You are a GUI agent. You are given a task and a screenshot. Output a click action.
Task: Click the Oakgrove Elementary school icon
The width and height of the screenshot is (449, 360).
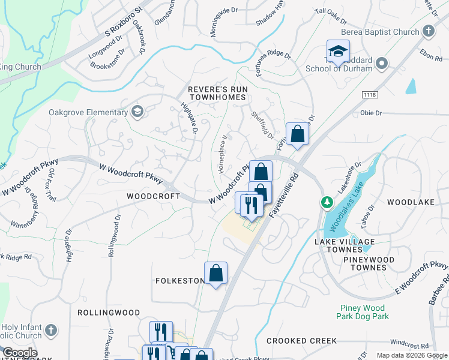coord(137,111)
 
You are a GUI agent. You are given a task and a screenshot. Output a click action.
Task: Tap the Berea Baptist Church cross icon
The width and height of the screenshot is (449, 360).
coord(429,31)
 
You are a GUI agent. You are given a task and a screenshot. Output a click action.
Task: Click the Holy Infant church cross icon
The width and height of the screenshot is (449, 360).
coord(51,330)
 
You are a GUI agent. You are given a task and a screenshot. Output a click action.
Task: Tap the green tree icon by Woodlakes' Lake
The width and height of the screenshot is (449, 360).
coord(327,203)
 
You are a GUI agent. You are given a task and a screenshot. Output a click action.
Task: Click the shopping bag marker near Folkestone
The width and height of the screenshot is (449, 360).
coord(216,273)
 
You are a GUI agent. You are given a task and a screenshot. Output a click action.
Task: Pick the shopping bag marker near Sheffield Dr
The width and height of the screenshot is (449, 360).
coord(297,134)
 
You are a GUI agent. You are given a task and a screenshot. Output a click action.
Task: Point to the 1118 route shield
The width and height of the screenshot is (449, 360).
coord(369,95)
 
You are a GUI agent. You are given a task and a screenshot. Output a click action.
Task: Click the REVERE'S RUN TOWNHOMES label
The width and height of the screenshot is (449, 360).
coord(217,94)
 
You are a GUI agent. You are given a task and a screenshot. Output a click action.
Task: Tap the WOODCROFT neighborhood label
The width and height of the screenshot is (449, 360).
coord(153,196)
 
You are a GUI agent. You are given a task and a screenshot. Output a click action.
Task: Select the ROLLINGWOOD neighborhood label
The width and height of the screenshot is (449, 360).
coord(109,313)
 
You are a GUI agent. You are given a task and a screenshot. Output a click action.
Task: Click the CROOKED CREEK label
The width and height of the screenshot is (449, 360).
coord(301,341)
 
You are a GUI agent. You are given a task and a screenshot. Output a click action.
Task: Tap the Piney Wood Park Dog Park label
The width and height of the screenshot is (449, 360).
coord(364,312)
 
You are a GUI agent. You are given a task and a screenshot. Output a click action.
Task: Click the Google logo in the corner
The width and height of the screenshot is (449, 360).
coord(19,353)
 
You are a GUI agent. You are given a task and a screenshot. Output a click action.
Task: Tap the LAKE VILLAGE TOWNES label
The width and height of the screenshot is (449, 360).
coord(345,245)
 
